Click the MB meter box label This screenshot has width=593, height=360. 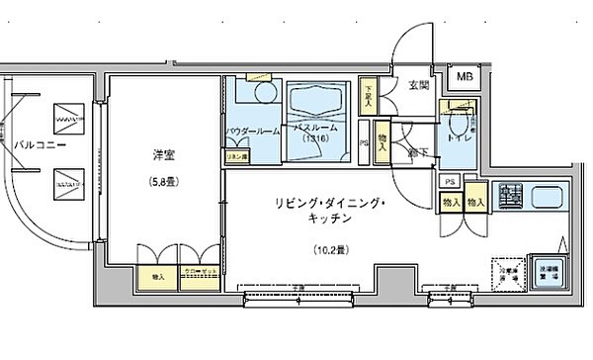tap(464, 74)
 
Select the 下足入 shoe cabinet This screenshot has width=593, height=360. tap(370, 92)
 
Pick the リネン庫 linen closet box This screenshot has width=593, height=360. tap(236, 155)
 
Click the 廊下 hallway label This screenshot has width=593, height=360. tap(419, 154)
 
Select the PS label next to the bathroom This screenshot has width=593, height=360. tap(365, 142)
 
